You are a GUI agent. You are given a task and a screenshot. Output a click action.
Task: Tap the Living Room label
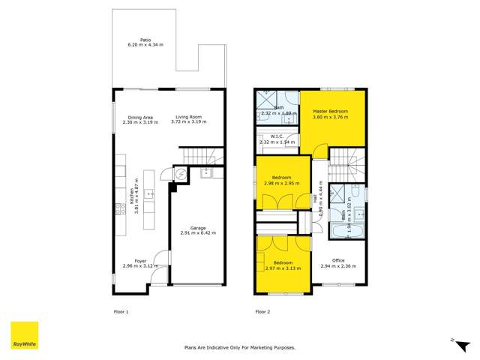click(189, 117)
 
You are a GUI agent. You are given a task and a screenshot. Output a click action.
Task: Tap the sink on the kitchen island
click(148, 194)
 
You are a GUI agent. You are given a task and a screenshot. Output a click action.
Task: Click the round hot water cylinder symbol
click(178, 174)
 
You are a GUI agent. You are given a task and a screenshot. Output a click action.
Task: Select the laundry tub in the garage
click(206, 173)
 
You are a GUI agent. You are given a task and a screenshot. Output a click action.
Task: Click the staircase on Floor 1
click(202, 156)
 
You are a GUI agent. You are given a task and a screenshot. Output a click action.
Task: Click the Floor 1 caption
click(121, 310)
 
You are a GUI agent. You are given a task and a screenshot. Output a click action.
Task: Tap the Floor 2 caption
click(262, 310)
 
